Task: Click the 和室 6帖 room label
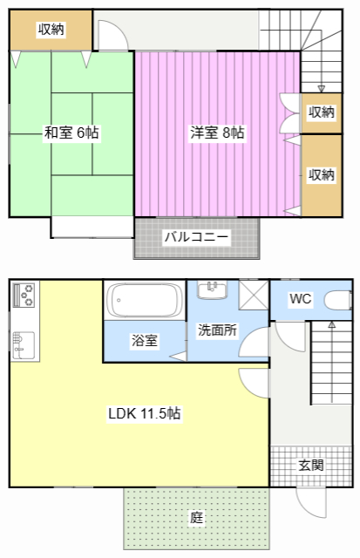(71, 133)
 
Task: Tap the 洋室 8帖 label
(217, 133)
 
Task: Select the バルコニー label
(196, 236)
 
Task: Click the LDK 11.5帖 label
(145, 413)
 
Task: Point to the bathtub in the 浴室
(144, 300)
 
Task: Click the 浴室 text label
(145, 341)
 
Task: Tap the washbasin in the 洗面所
(213, 290)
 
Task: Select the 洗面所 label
(217, 330)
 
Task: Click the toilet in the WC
(337, 300)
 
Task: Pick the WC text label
(301, 299)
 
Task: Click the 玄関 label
(311, 465)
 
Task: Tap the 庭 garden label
(196, 517)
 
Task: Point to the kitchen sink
(24, 345)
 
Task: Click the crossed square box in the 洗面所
(254, 295)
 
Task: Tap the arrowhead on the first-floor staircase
(331, 324)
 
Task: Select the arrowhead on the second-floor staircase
(322, 89)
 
